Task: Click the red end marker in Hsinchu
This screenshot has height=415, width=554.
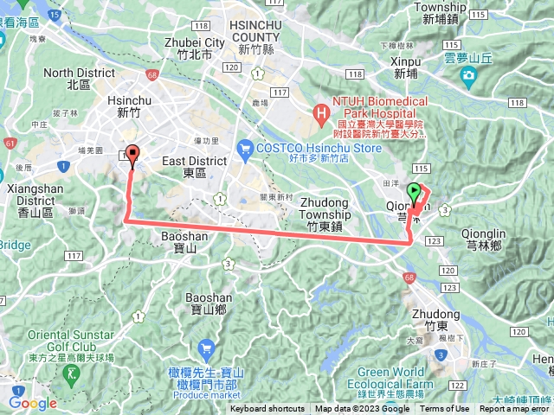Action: pos(132,155)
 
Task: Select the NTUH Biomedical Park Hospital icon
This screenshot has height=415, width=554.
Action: pos(321,112)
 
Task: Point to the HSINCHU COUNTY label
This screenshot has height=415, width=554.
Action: pos(257,34)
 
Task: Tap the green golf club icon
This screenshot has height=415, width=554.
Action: pos(71,373)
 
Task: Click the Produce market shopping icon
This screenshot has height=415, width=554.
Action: pos(205,350)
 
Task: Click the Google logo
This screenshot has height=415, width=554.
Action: pos(32,402)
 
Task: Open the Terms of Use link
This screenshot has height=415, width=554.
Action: pos(445,409)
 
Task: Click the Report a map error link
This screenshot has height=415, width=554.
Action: pos(517,409)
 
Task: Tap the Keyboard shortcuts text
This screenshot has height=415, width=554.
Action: pos(267,409)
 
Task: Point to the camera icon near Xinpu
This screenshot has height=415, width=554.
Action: pos(468,76)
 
